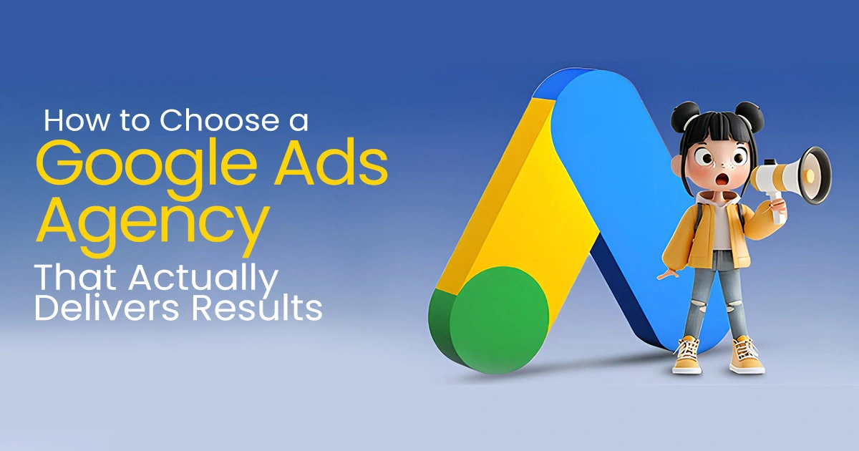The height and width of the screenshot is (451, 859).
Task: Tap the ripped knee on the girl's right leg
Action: [732, 307]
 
